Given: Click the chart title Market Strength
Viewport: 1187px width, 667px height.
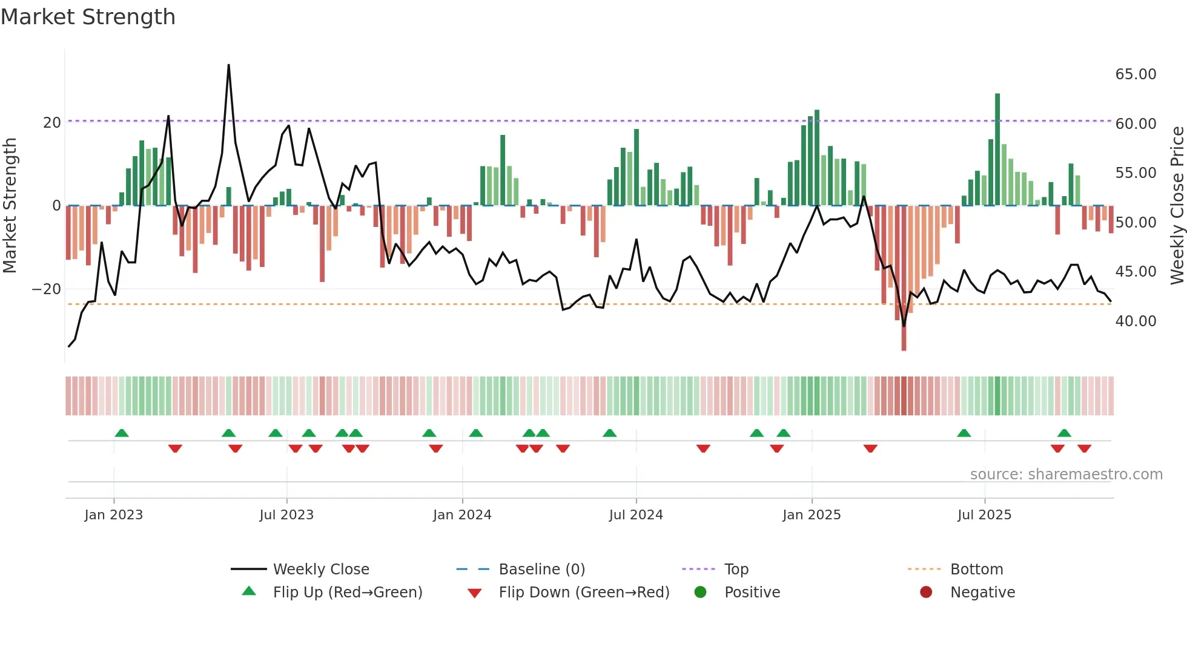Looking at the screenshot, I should (88, 17).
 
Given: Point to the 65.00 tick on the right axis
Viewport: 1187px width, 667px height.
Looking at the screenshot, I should (1136, 74).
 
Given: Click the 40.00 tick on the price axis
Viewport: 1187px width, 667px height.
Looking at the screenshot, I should (1136, 321).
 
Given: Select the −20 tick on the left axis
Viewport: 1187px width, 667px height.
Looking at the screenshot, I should (47, 289).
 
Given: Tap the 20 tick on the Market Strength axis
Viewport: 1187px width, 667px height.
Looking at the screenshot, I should (52, 123).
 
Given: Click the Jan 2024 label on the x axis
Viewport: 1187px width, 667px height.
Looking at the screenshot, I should (462, 515).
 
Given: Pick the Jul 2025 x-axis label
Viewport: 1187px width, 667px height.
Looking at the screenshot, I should (984, 515).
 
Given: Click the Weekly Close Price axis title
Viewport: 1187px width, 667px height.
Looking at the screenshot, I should (1177, 206).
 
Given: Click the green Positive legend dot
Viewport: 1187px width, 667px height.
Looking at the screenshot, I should (701, 593).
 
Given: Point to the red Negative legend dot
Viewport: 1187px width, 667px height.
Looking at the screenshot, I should (926, 593).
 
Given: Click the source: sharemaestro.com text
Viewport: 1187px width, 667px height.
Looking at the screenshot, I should (1066, 475).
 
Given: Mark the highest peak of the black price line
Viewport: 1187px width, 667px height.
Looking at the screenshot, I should (228, 65).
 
